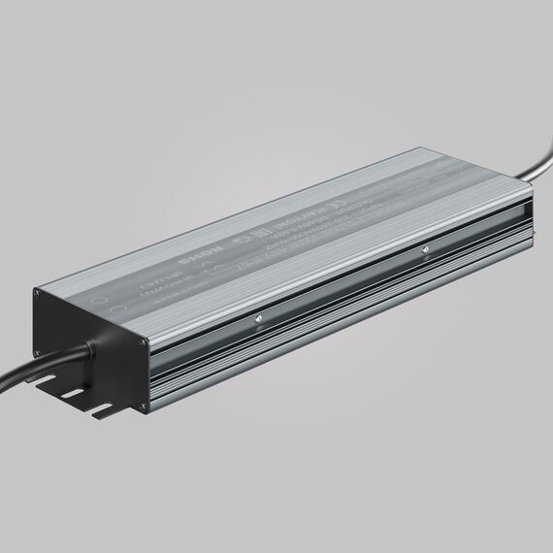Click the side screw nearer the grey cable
click(x=424, y=251)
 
